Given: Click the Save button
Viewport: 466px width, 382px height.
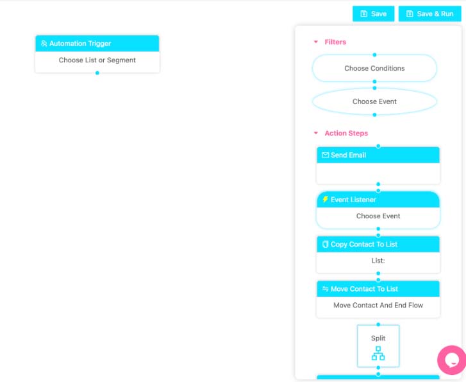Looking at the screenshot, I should click(x=373, y=13).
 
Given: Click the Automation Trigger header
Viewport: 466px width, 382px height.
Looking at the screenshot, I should click(x=97, y=44).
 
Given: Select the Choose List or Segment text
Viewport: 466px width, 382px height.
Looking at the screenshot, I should click(x=97, y=60).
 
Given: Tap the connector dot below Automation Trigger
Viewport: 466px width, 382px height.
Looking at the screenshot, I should click(x=97, y=73).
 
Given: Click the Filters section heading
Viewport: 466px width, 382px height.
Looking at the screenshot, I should click(x=335, y=42).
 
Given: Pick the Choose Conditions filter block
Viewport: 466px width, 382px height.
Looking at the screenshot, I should click(x=374, y=68).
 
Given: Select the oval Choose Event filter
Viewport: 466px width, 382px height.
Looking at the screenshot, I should click(x=374, y=101).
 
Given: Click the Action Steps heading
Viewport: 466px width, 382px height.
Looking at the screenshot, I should click(x=346, y=133).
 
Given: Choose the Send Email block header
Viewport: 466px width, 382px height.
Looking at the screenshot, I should click(x=378, y=155).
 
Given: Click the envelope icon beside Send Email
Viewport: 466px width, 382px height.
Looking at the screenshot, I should click(x=325, y=155).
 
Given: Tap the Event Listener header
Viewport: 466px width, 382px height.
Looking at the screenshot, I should click(x=378, y=200).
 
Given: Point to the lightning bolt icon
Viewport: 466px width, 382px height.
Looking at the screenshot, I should click(x=325, y=200).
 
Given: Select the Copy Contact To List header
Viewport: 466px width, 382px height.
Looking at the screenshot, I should click(x=378, y=244).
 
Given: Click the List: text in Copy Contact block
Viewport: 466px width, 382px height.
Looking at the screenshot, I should click(x=378, y=261).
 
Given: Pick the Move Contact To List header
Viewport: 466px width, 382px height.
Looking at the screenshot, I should click(x=378, y=289).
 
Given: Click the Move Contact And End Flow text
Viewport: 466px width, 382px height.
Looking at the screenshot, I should click(x=378, y=306).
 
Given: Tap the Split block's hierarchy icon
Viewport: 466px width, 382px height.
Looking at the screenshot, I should click(x=378, y=353).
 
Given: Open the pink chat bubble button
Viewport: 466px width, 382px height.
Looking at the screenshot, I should click(x=451, y=360).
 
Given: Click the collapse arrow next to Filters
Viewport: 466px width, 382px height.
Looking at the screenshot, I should click(x=315, y=42).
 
